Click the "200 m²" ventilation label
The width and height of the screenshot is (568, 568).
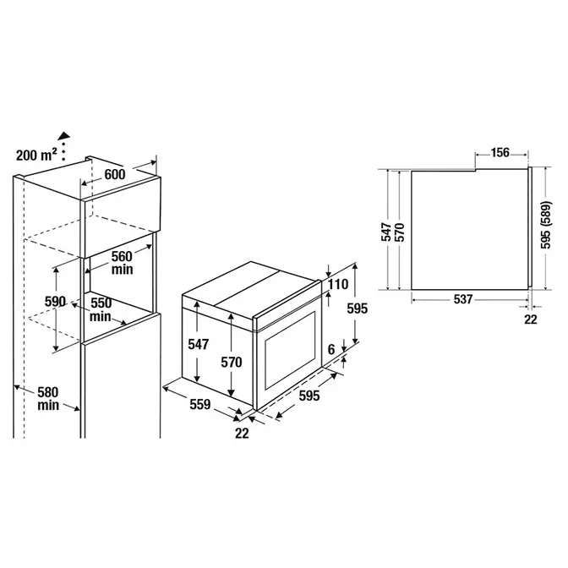[x=36, y=155]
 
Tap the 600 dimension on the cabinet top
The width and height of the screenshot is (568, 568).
[x=115, y=174]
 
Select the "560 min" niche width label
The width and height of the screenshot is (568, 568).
[x=122, y=263]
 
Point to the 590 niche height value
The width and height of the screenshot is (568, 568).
[x=55, y=302]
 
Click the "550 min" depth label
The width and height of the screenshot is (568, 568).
[x=101, y=309]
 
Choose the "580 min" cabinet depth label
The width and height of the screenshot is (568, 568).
[x=48, y=398]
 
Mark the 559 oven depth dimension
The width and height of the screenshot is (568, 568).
[x=200, y=404]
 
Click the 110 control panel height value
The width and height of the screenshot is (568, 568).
[x=338, y=284]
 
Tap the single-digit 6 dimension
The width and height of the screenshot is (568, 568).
[x=331, y=350]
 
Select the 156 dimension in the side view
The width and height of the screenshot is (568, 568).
[x=500, y=153]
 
